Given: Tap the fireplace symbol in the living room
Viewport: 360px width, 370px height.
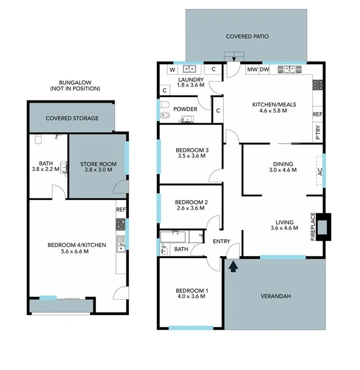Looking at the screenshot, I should click(323, 227).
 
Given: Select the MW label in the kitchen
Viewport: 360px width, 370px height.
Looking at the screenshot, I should click(252, 70).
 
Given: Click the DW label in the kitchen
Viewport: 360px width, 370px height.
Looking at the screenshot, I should click(264, 70).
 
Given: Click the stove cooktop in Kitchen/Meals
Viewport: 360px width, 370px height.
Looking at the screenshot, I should click(317, 85).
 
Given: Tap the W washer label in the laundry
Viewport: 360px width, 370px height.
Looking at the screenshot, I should click(172, 70).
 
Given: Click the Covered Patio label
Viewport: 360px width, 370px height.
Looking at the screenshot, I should click(247, 36).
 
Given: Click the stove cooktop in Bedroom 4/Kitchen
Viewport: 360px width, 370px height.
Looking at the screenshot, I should click(120, 223).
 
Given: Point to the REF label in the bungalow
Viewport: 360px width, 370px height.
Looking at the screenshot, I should click(121, 209).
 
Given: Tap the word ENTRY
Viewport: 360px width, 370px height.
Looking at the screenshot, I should click(222, 241).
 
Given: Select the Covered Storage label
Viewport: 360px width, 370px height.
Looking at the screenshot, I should click(72, 118).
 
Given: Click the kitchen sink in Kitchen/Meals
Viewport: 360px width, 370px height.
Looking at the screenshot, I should click(289, 70).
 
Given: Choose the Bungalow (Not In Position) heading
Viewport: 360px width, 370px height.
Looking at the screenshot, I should click(75, 86).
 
